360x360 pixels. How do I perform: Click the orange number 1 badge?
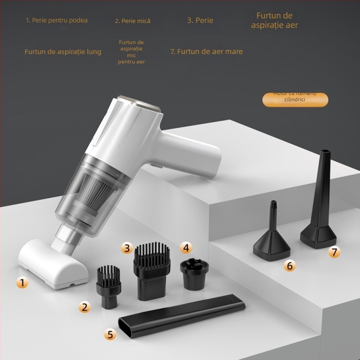point(22,283)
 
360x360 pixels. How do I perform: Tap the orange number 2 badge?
point(84,307)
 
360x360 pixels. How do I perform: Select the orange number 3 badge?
point(127,247)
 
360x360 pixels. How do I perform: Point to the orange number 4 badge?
point(186,247)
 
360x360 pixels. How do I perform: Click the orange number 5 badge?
point(110,334)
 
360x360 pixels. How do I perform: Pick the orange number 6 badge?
point(289,265)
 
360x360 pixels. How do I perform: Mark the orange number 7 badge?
point(333,252)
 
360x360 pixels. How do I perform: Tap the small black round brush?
point(109,286)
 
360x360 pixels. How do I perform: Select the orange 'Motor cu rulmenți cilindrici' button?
point(295,99)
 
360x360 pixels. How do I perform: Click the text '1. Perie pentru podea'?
point(57,20)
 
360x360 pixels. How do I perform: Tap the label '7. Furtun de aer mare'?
point(206,51)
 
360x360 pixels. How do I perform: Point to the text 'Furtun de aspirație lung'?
point(63,52)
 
